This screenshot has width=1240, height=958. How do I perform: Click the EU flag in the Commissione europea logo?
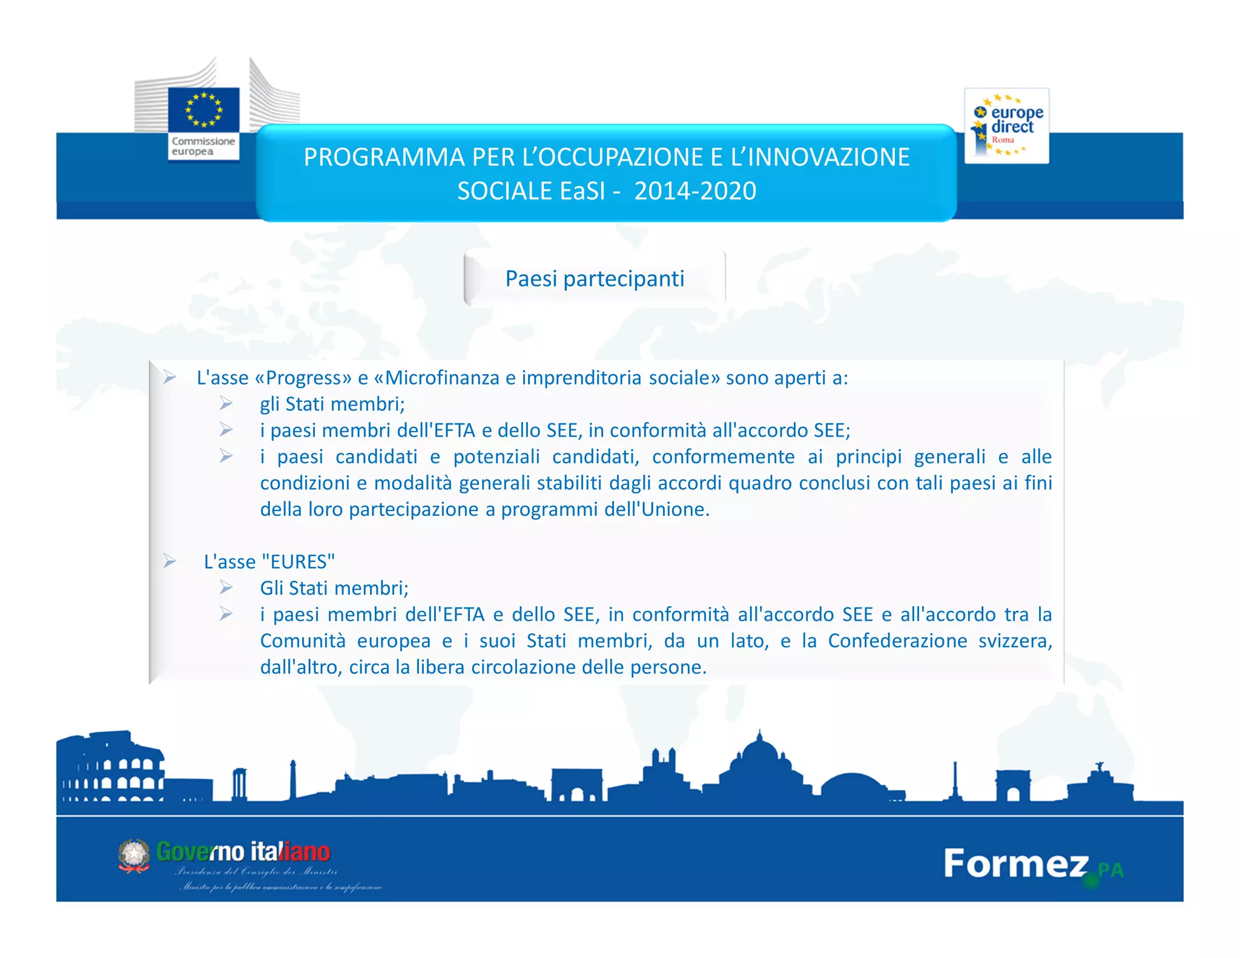(203, 110)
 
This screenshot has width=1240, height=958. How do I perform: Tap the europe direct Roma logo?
(1006, 126)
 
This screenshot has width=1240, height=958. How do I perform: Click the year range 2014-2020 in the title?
(695, 191)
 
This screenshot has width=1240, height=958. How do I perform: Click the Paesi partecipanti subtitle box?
(595, 279)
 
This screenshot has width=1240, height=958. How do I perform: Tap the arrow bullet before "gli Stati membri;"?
(226, 403)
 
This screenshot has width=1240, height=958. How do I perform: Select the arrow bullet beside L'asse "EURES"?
(170, 561)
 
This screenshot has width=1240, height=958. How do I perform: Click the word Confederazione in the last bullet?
(897, 641)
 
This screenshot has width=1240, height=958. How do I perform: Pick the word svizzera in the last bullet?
(1015, 641)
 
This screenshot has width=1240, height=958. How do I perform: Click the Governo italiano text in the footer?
(243, 852)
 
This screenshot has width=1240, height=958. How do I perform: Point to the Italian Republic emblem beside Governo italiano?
(134, 855)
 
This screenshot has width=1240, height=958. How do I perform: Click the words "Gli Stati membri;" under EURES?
(334, 588)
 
